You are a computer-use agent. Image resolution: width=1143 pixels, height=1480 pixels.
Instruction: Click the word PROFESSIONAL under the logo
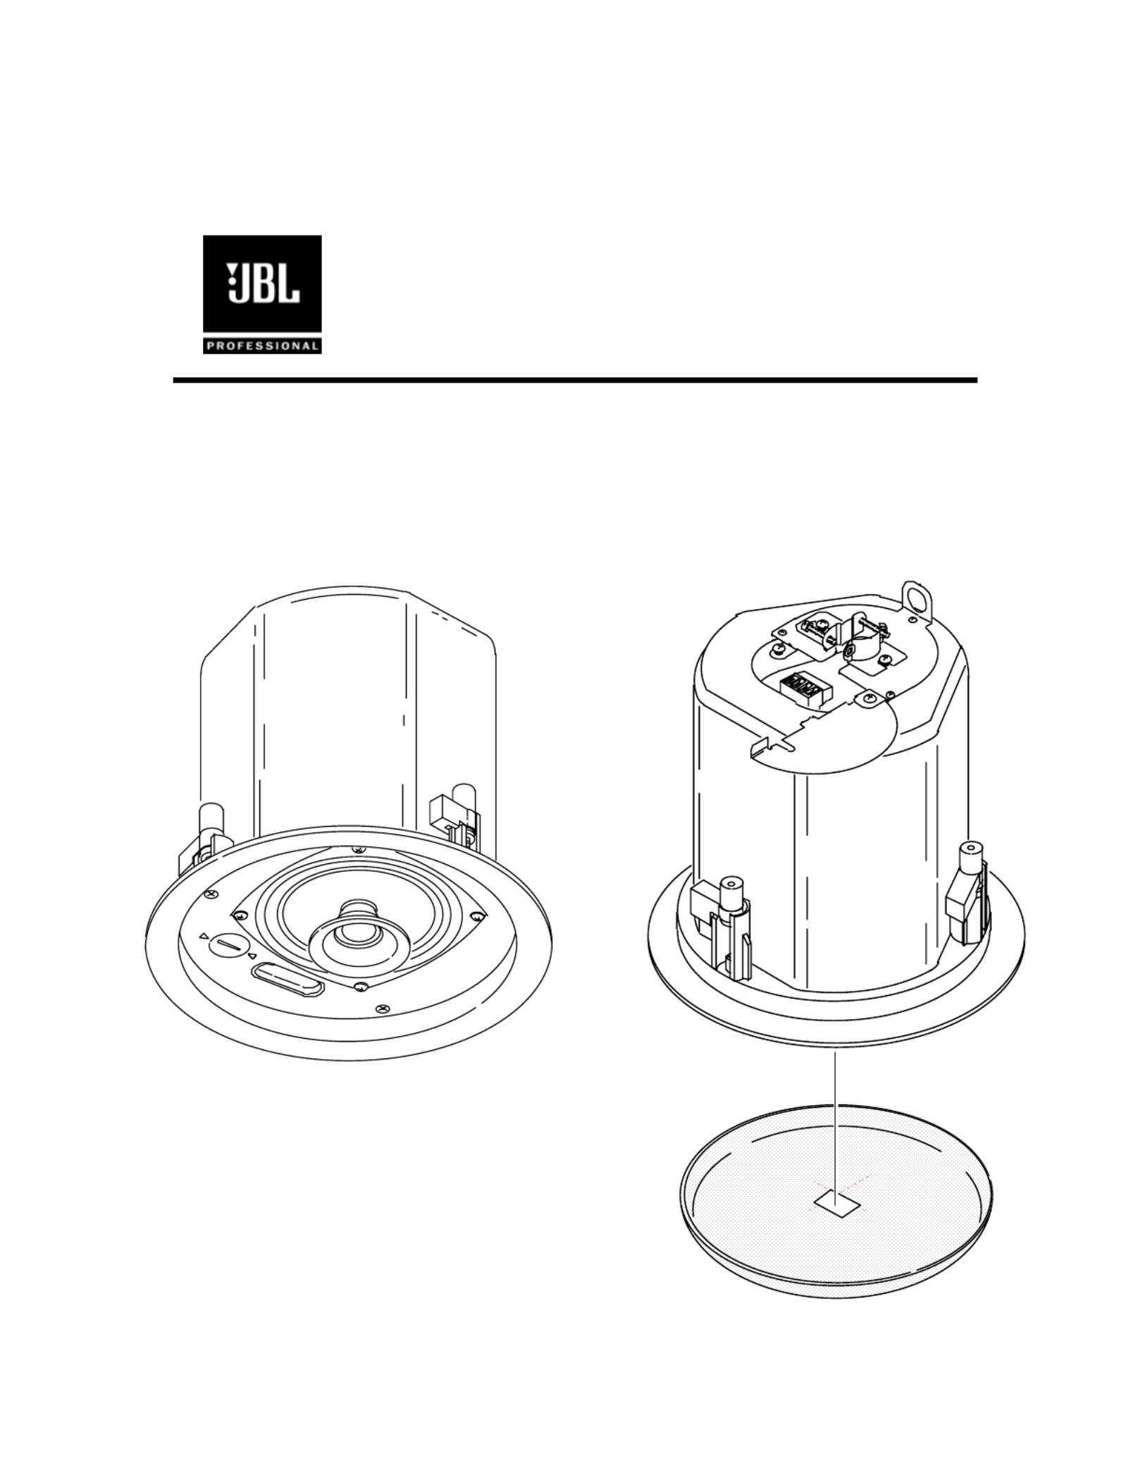coord(262,346)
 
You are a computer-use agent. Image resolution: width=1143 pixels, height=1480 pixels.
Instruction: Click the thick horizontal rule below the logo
coord(575,380)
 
